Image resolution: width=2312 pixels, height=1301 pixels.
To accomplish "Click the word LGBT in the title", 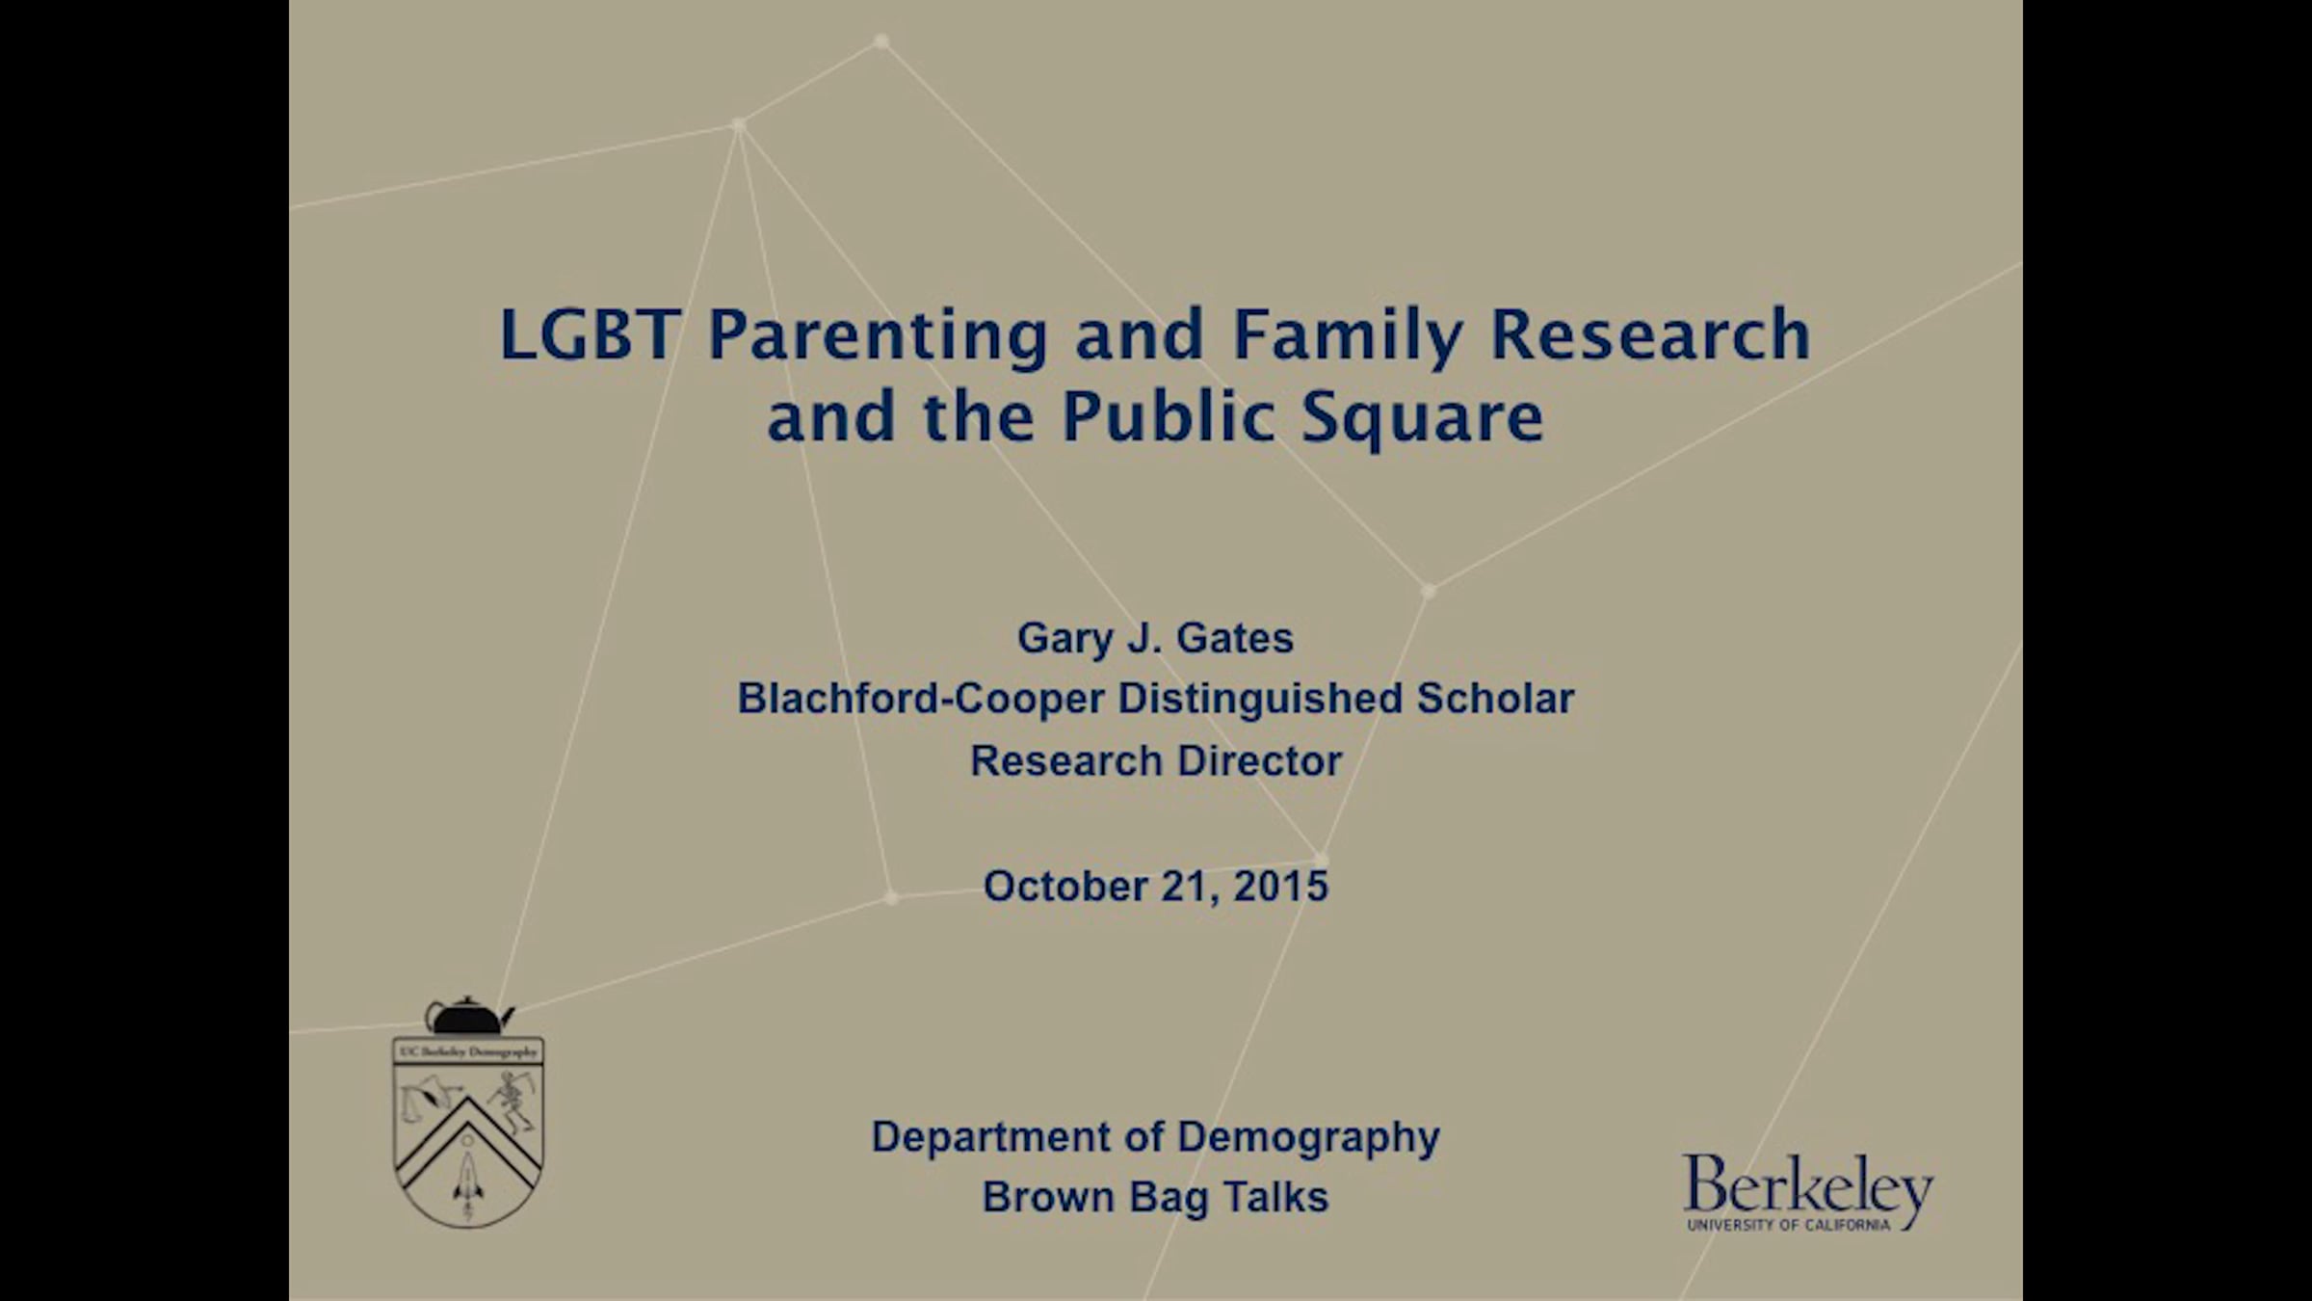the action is point(590,334).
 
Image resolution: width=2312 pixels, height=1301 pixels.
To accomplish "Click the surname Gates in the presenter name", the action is point(1235,638).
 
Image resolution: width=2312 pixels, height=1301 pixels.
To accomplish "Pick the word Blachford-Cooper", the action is point(920,699).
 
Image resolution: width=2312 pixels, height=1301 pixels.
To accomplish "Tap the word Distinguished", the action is point(1259,700).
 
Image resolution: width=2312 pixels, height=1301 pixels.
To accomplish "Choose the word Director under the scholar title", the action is point(1259,760).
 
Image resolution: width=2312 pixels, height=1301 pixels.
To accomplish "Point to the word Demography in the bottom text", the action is point(1308,1138).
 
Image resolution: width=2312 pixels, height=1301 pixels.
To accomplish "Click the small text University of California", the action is point(1788,1225).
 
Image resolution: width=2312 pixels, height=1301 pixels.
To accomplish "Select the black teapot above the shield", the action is point(469,1016).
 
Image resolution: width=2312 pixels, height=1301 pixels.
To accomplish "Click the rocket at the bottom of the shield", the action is point(468,1177).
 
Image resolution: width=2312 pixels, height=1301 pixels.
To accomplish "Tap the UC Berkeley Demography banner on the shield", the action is point(468,1052).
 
